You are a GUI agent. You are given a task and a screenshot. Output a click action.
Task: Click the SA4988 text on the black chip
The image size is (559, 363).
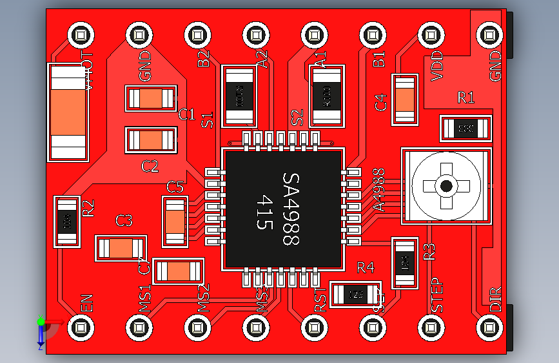[291, 209]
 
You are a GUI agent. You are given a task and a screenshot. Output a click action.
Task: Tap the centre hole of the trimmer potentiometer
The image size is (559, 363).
[446, 187]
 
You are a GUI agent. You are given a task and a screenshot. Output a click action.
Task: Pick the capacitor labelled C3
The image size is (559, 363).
[121, 249]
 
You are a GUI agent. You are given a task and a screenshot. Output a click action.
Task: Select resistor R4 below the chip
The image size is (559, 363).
[355, 295]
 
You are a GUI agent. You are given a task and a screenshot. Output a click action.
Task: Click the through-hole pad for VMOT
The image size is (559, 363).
[82, 35]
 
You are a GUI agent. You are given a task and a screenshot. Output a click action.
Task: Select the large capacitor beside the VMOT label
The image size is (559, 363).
[68, 112]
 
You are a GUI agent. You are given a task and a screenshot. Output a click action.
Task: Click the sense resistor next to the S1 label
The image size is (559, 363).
[239, 95]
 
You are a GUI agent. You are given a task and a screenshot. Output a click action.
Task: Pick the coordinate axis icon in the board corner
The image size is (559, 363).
[42, 329]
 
